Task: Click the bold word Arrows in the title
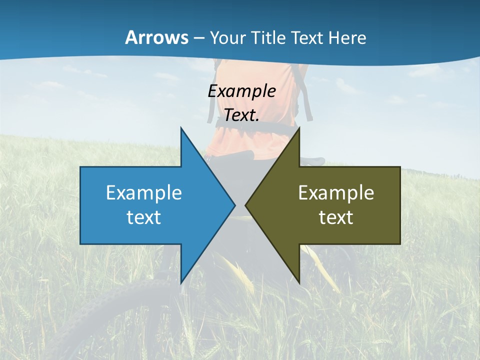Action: tap(156, 37)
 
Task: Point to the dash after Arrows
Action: tap(198, 38)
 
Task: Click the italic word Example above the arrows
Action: tap(241, 91)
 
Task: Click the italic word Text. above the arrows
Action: tap(241, 115)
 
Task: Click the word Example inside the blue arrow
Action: tap(144, 192)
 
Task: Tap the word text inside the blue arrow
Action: tap(144, 217)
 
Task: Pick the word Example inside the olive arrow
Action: tap(336, 192)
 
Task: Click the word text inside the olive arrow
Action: tap(336, 217)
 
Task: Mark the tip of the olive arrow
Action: tap(247, 205)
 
